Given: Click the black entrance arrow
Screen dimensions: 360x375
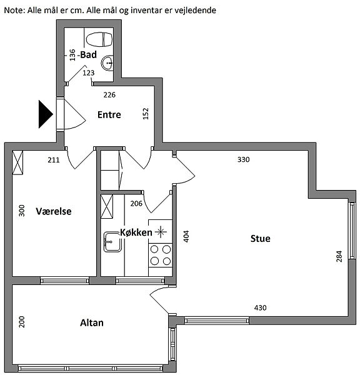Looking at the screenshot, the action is [x=46, y=114].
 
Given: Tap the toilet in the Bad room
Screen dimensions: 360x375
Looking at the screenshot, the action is [x=99, y=39].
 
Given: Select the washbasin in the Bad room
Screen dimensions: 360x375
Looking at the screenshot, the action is [x=107, y=63].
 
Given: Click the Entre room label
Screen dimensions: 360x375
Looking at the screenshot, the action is [x=109, y=115].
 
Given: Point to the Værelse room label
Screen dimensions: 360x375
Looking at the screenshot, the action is [x=54, y=211].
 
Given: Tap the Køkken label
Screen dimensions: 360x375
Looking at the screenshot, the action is [x=136, y=232].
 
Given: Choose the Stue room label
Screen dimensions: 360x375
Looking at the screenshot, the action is [x=260, y=239].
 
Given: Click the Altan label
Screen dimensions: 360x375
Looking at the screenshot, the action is [x=92, y=323].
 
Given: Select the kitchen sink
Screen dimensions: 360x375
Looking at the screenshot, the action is [x=112, y=242].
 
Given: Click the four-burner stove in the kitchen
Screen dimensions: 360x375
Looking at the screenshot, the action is [x=160, y=255].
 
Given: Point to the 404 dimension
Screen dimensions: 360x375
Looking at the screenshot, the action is [x=186, y=236].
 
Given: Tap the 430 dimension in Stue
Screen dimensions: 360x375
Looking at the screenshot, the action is [x=260, y=307].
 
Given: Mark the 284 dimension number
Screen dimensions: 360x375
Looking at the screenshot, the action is [x=339, y=256].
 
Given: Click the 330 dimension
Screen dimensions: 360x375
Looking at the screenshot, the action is [x=244, y=159].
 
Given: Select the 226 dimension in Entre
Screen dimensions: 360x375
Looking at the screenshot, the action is [x=109, y=95].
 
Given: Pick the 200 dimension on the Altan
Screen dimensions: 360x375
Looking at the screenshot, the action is [x=21, y=322].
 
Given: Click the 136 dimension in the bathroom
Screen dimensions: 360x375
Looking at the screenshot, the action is [x=72, y=55].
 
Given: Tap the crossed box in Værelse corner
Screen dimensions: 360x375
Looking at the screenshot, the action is [x=17, y=162].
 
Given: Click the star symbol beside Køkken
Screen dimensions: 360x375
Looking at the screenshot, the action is [x=161, y=232].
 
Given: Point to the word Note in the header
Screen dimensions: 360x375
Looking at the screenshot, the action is [x=13, y=10].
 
